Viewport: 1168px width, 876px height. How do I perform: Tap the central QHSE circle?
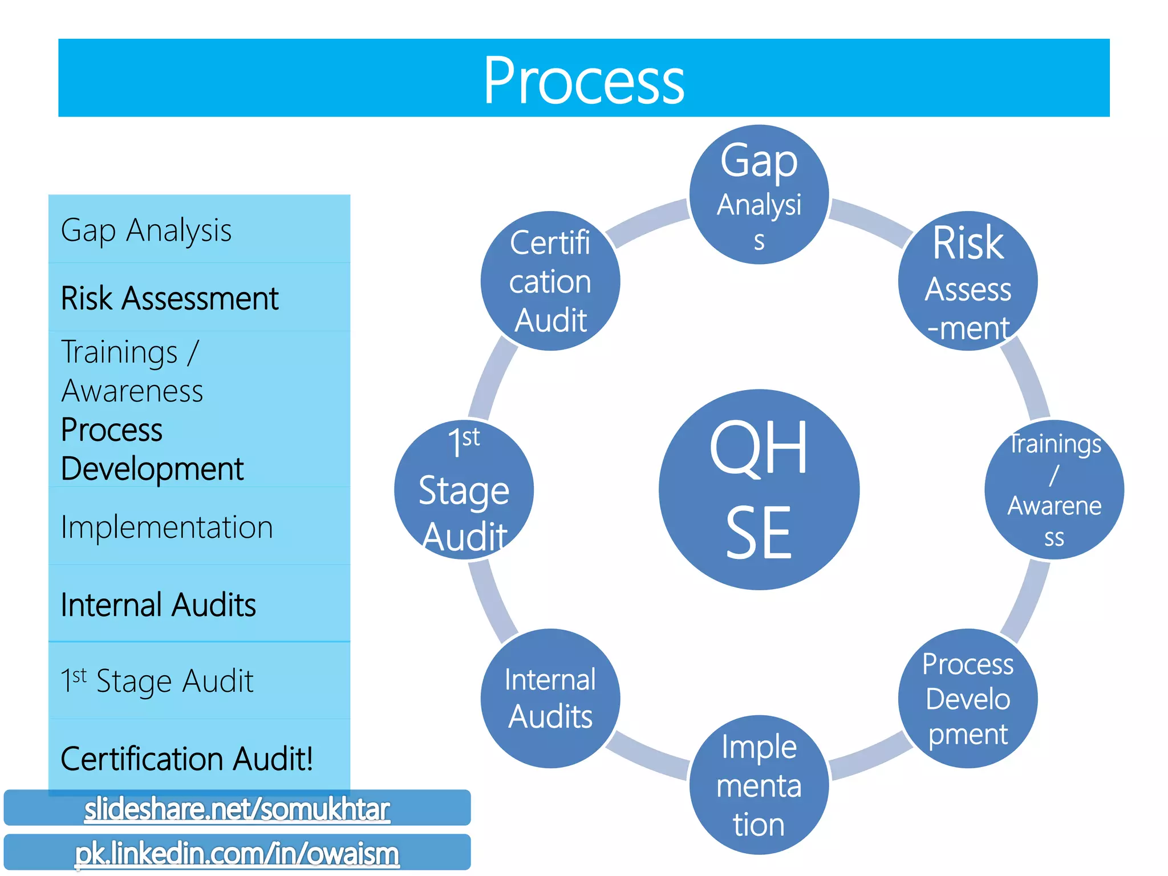pyautogui.click(x=759, y=489)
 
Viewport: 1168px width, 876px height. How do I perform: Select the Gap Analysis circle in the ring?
pyautogui.click(x=759, y=194)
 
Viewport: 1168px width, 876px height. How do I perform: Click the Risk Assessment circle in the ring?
pyautogui.click(x=968, y=281)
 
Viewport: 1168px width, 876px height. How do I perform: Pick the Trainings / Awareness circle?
pyautogui.click(x=1054, y=489)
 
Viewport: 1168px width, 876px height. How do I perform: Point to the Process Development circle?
pyautogui.click(x=968, y=698)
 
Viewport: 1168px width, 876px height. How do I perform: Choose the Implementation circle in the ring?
pyautogui.click(x=759, y=785)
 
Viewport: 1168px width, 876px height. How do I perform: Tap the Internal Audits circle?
pyautogui.click(x=550, y=698)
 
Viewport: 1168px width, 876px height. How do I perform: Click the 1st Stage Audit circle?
pyautogui.click(x=464, y=489)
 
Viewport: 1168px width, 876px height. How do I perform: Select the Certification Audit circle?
pyautogui.click(x=550, y=281)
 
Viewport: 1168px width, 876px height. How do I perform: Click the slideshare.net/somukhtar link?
pyautogui.click(x=237, y=809)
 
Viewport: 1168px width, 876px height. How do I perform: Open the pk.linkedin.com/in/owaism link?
pyautogui.click(x=237, y=853)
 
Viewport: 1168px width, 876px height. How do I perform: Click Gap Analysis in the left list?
pyautogui.click(x=147, y=230)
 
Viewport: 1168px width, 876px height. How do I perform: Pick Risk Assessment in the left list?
pyautogui.click(x=170, y=298)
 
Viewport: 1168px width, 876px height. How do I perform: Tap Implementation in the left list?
pyautogui.click(x=167, y=527)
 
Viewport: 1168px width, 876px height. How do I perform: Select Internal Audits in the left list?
pyautogui.click(x=159, y=605)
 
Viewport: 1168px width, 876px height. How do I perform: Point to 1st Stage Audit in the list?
pyautogui.click(x=157, y=681)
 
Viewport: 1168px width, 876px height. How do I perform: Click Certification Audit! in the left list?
pyautogui.click(x=187, y=759)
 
